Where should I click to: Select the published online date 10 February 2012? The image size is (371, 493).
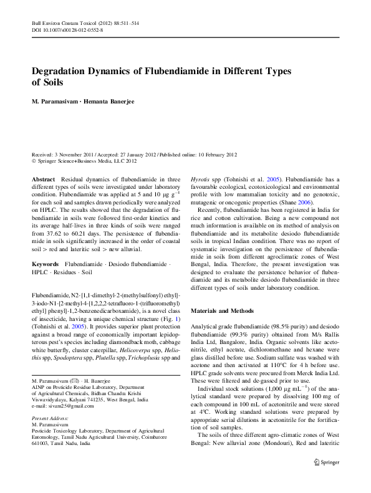(x=211, y=153)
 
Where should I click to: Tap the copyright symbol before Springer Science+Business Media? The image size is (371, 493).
(x=34, y=160)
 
